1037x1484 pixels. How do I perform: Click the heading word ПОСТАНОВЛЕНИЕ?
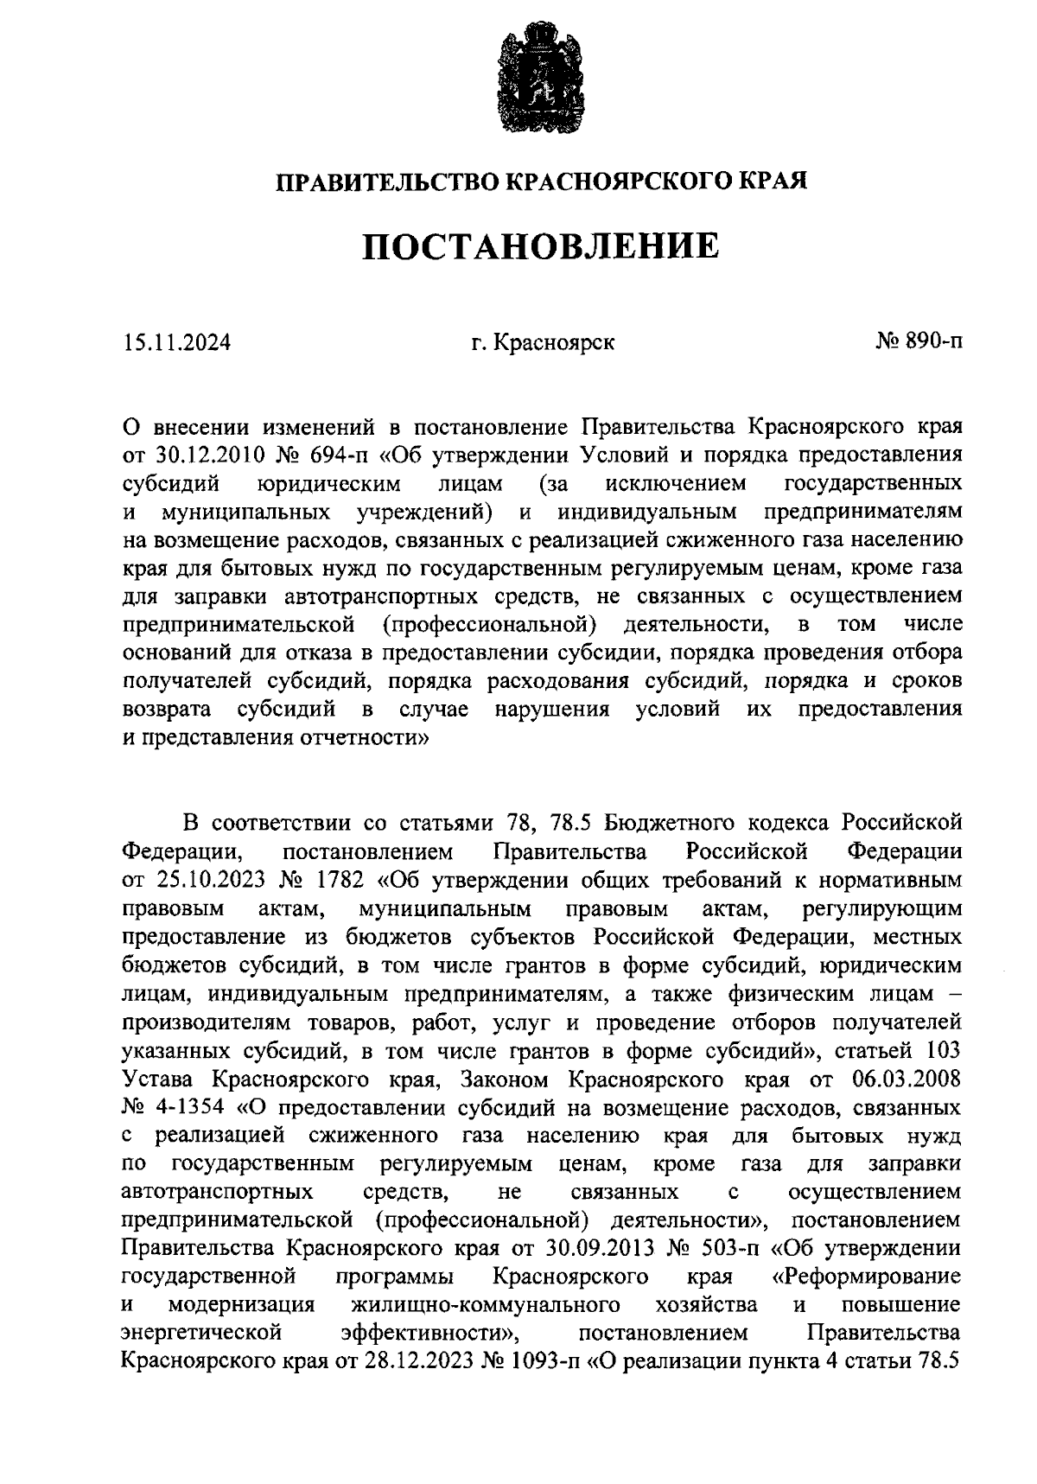[x=540, y=247]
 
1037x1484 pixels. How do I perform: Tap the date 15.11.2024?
[x=177, y=343]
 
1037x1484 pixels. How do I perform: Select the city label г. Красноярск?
[x=543, y=343]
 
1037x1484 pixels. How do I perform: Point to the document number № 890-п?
[x=919, y=342]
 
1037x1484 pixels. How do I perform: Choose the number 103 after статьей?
[x=943, y=1051]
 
